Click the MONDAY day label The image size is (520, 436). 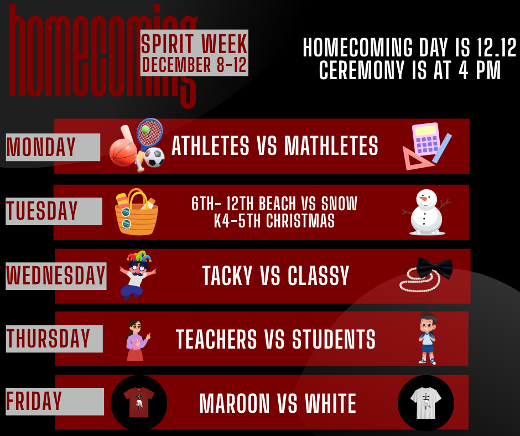[x=41, y=147]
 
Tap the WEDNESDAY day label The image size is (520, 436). [x=56, y=276]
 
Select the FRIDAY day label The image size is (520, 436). [x=34, y=401]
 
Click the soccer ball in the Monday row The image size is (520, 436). [x=154, y=157]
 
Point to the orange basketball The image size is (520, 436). [x=122, y=152]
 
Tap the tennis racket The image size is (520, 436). [x=149, y=133]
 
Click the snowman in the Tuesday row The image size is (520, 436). [x=427, y=212]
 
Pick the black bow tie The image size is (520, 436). [x=434, y=267]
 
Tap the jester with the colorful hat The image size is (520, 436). [x=137, y=273]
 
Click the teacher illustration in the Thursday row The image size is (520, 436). [x=136, y=339]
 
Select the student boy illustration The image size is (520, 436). [x=427, y=338]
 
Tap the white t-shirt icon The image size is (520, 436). [x=425, y=402]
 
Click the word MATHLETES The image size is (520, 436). [x=331, y=147]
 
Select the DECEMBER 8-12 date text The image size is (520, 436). [x=194, y=65]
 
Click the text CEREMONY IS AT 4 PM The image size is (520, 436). [x=409, y=71]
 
